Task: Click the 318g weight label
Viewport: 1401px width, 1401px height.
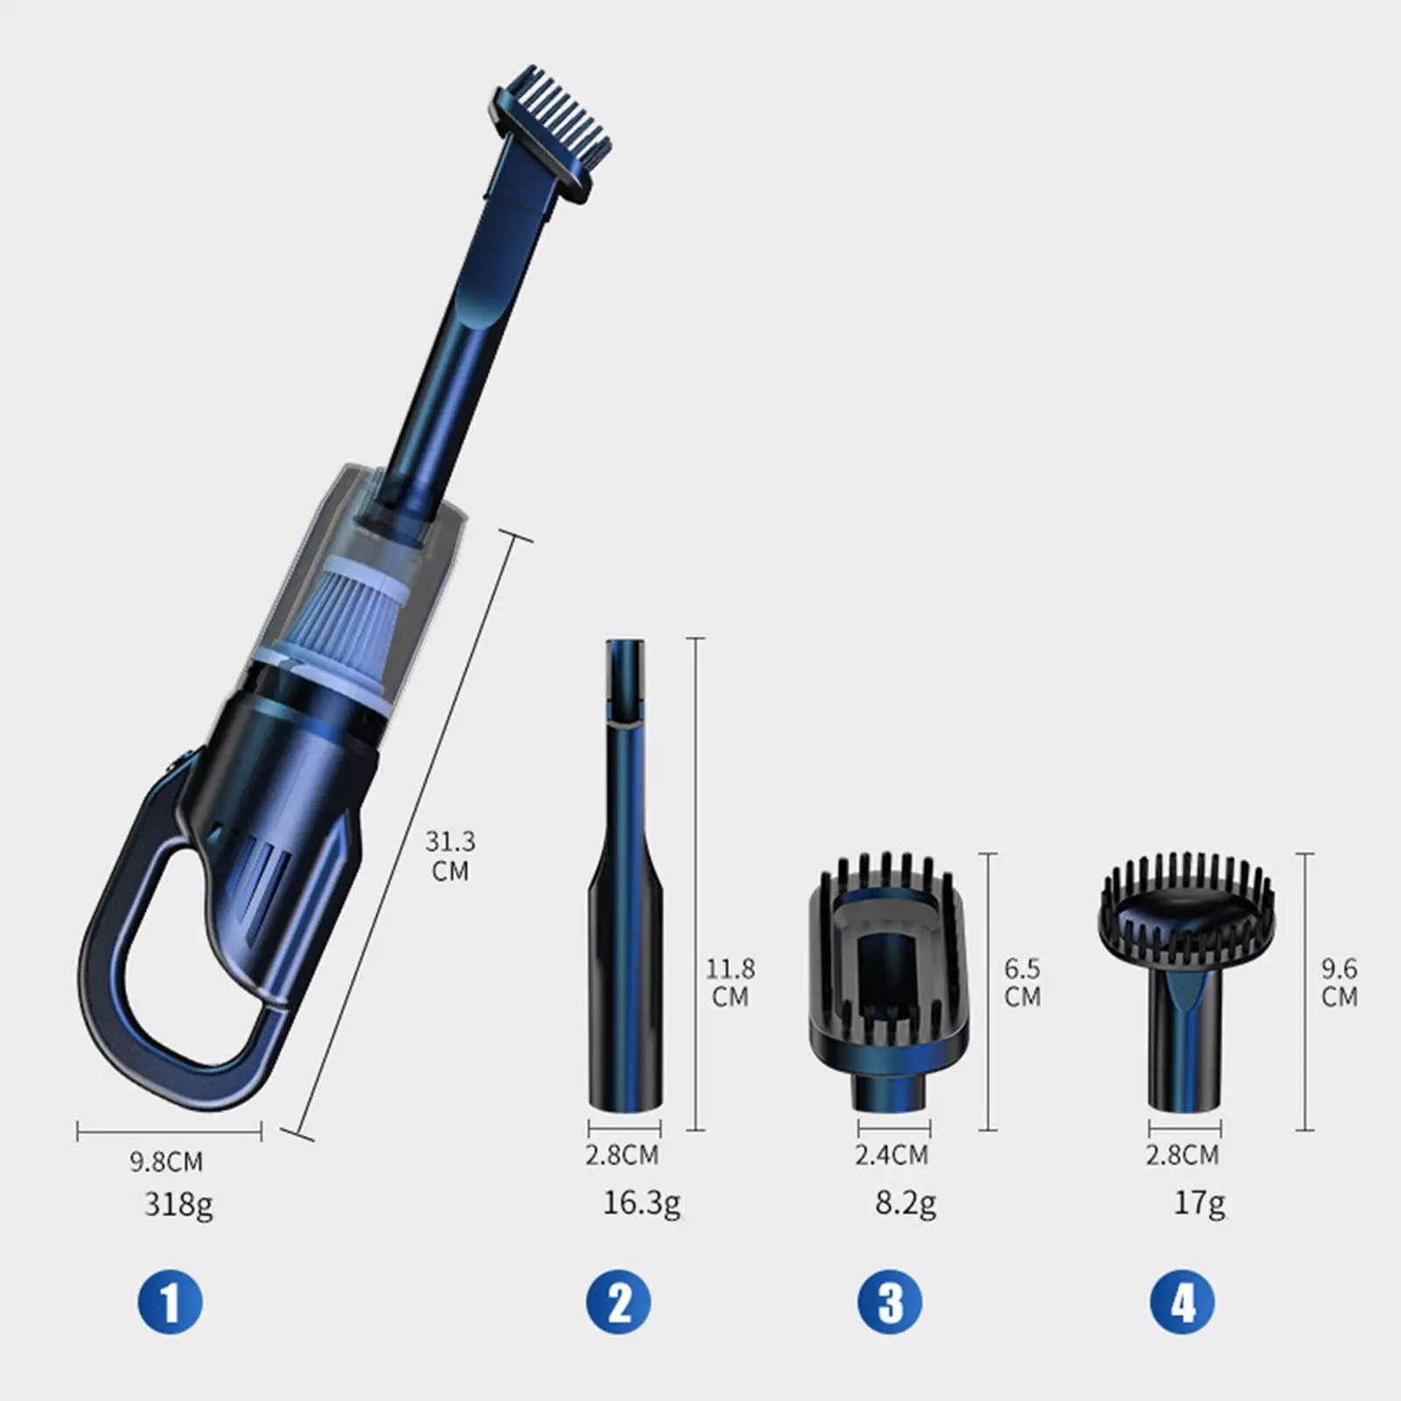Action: click(x=179, y=1205)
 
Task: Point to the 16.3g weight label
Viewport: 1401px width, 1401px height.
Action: click(x=641, y=1203)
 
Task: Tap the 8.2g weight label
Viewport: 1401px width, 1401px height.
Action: click(x=905, y=1203)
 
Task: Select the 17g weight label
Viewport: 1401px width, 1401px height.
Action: click(x=1200, y=1204)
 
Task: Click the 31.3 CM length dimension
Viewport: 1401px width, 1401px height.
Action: click(x=450, y=855)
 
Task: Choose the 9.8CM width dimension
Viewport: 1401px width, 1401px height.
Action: click(x=166, y=1161)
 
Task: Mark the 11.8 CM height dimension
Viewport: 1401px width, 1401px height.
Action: click(x=730, y=982)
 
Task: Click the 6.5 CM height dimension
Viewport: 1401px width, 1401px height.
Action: click(x=1022, y=982)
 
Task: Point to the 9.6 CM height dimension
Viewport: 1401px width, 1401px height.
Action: click(x=1339, y=982)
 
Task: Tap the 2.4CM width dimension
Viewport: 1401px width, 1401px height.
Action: click(x=891, y=1154)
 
